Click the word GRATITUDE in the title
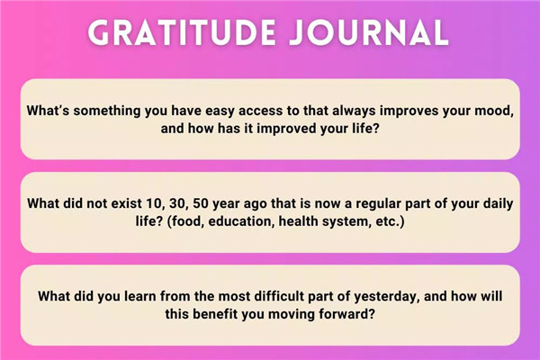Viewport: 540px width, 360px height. tap(182, 32)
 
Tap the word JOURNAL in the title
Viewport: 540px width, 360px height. tap(369, 32)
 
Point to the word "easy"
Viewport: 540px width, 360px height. tap(220, 112)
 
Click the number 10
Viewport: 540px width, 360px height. tap(154, 203)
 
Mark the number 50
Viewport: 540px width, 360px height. tap(201, 203)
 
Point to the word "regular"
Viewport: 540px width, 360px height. tap(378, 204)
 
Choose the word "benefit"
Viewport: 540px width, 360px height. tap(215, 314)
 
